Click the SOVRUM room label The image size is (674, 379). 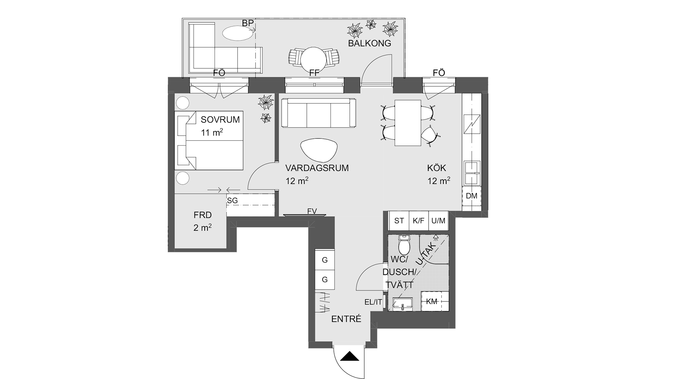pos(220,119)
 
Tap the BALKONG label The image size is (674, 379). pos(369,44)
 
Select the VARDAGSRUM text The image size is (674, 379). pos(317,168)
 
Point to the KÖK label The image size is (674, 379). pos(437,168)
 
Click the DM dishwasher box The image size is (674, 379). pos(472,196)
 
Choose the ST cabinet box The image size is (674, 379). pos(399,221)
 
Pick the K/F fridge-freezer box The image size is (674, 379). pos(418,221)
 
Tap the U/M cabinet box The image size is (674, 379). pos(438,221)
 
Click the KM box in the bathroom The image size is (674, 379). pos(431,301)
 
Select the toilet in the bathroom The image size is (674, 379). pos(404,245)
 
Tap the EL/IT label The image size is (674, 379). pos(373,302)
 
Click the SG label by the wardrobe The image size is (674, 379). pos(232,201)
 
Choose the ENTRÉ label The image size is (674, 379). pos(346,319)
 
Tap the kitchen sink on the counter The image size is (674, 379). pos(472,173)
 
